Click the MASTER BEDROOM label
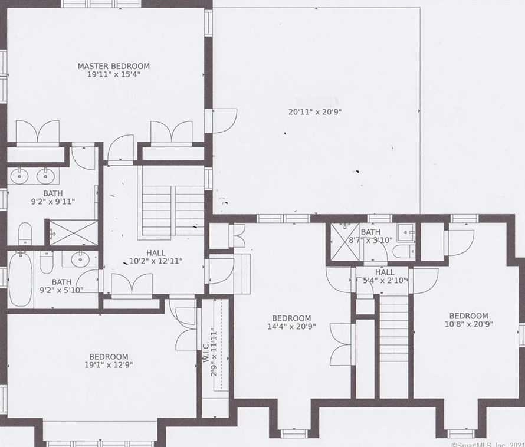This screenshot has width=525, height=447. [x=113, y=66]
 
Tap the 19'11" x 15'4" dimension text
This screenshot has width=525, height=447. [x=113, y=74]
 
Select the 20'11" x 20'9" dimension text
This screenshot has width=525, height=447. [x=315, y=112]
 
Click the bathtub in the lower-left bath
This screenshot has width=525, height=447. [x=21, y=280]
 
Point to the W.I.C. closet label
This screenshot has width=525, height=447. [x=206, y=352]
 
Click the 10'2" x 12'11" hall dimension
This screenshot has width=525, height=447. [x=156, y=261]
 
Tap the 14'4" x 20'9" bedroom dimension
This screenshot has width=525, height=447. [x=291, y=326]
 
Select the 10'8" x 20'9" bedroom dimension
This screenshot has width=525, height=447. [x=469, y=324]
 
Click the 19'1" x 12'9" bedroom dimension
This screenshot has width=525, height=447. [x=109, y=364]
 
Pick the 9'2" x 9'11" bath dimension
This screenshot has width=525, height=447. [x=53, y=202]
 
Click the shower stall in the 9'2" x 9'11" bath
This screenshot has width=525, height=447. [x=73, y=232]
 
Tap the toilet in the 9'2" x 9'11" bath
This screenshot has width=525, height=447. [x=25, y=234]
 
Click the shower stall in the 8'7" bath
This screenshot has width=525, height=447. [x=344, y=241]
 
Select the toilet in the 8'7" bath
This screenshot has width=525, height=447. [x=404, y=251]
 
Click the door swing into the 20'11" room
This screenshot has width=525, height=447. [x=225, y=120]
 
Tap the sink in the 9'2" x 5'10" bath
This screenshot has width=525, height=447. [x=80, y=258]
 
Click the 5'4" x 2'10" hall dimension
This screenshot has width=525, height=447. [x=385, y=281]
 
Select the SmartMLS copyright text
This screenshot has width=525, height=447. [x=488, y=445]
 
